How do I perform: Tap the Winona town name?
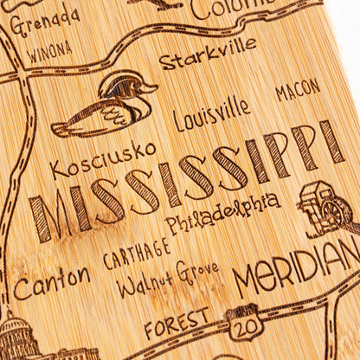pos(49,52)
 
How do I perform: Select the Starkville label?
pos(208,53)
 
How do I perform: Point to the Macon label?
pos(298,89)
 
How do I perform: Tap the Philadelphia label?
pos(222,213)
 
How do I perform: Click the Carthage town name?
pos(137,253)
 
